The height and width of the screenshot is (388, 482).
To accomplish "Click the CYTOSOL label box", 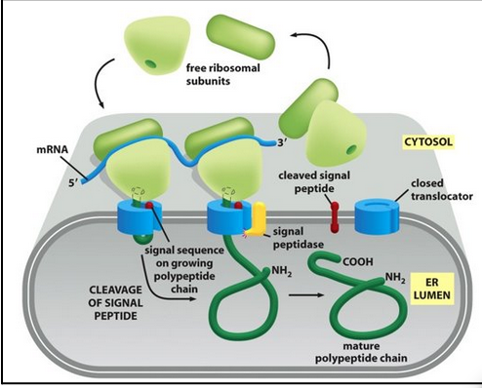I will (x=428, y=142).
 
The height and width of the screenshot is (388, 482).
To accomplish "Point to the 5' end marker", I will (x=64, y=180).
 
